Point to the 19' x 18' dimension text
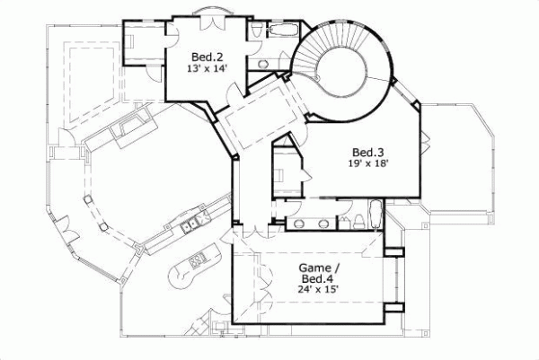pos(368,163)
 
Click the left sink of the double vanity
pos(300,223)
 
